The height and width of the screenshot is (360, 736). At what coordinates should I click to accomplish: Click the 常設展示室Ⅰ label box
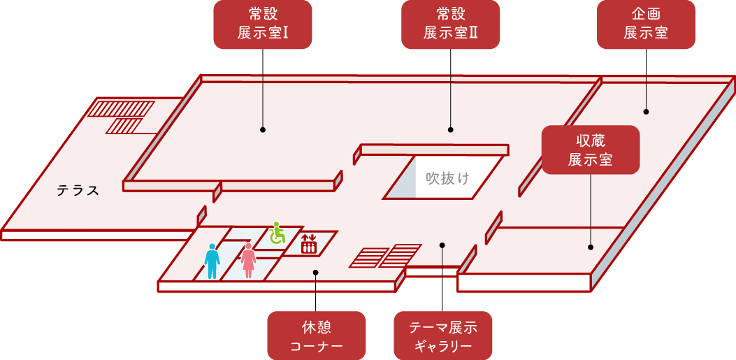[262, 24]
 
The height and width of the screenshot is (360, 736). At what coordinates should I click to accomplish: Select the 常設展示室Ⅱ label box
[451, 24]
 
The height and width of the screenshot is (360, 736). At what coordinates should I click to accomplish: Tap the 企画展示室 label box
[646, 24]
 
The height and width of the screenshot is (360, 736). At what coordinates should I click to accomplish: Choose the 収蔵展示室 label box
[591, 150]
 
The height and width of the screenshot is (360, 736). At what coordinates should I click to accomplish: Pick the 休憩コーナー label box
[317, 336]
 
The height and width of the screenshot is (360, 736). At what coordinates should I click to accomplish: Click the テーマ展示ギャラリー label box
[443, 336]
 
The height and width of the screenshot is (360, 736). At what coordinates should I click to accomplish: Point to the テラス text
[78, 190]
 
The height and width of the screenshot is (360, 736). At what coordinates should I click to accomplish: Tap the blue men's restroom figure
[212, 261]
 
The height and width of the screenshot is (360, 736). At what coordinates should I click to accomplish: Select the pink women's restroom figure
[248, 261]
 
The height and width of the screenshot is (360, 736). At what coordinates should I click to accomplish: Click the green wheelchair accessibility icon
[277, 233]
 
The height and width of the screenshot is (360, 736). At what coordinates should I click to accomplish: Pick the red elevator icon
[308, 243]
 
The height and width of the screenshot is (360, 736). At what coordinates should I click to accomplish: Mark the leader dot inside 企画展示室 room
[646, 111]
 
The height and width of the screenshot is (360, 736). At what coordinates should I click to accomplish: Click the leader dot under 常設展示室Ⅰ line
[263, 129]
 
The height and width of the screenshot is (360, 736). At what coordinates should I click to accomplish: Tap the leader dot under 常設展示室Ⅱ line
[451, 129]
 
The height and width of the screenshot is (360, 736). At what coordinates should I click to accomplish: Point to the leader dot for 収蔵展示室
[591, 247]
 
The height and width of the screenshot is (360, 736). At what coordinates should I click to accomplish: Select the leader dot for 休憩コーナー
[316, 273]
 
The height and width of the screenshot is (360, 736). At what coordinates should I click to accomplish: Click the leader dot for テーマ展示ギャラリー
[442, 245]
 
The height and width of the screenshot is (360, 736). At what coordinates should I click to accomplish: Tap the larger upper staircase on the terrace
[120, 109]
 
